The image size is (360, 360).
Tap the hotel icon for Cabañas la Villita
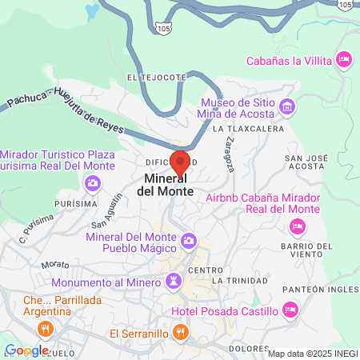coord(345,59)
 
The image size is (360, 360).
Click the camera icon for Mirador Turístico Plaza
coord(94,184)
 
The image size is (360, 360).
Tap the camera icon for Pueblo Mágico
coord(189,240)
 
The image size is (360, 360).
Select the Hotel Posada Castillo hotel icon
coord(290,309)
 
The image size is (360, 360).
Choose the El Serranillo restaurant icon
coord(182,332)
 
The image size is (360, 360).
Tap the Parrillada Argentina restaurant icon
coord(45,327)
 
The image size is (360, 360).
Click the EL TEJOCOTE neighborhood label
coord(157,78)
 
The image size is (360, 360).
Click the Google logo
coord(26,350)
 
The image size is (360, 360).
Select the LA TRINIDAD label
coord(240,281)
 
